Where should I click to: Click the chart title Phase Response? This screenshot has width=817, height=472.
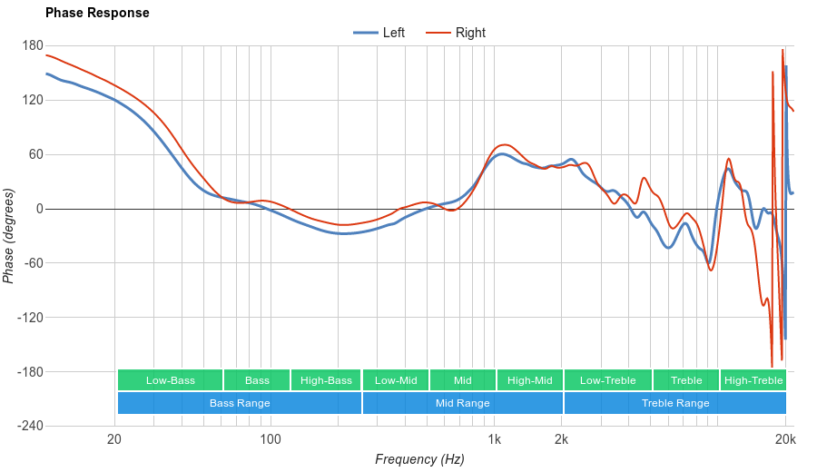(x=97, y=14)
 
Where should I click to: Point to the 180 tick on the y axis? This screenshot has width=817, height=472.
(x=33, y=45)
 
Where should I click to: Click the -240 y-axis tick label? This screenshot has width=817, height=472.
(x=30, y=427)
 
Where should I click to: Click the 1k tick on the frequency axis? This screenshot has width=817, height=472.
(x=494, y=439)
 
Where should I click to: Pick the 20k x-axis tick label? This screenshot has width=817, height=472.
(x=785, y=439)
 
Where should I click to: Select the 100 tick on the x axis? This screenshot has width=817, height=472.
(x=271, y=439)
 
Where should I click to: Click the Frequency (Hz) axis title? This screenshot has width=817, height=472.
(x=419, y=459)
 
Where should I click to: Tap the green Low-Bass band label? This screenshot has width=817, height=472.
(x=170, y=380)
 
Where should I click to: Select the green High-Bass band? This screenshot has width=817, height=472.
(x=326, y=380)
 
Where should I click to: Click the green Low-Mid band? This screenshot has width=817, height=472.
(x=396, y=380)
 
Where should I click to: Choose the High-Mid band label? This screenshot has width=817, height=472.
(x=529, y=380)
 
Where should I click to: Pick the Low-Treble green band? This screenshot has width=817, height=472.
(x=607, y=380)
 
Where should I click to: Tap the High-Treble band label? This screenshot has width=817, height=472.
(x=753, y=380)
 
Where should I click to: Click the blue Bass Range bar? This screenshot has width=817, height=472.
(x=240, y=403)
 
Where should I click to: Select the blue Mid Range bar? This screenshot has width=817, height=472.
(x=463, y=403)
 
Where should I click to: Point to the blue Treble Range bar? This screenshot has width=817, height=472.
(x=675, y=403)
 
